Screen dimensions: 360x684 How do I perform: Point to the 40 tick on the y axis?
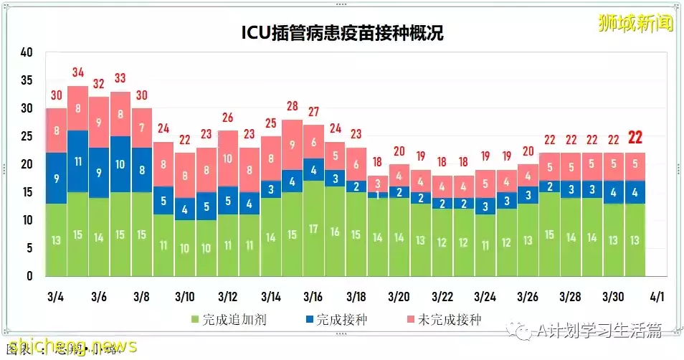(x=27, y=52)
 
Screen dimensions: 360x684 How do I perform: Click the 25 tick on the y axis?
(x=27, y=136)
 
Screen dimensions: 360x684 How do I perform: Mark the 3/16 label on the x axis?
(x=313, y=297)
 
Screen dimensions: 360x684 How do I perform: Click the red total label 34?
(x=78, y=72)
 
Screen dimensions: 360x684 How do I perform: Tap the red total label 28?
(x=292, y=106)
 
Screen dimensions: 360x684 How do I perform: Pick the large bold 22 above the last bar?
(x=635, y=138)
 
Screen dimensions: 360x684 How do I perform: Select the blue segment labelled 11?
(x=78, y=161)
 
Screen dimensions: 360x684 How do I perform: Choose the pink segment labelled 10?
(x=228, y=158)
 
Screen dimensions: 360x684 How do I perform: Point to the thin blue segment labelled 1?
(x=378, y=194)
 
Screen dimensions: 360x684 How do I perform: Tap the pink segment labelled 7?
(x=142, y=128)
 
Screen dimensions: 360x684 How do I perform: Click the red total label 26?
(x=228, y=118)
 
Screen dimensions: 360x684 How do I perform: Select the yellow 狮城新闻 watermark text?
(x=635, y=23)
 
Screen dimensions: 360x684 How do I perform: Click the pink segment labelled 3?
(x=378, y=184)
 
